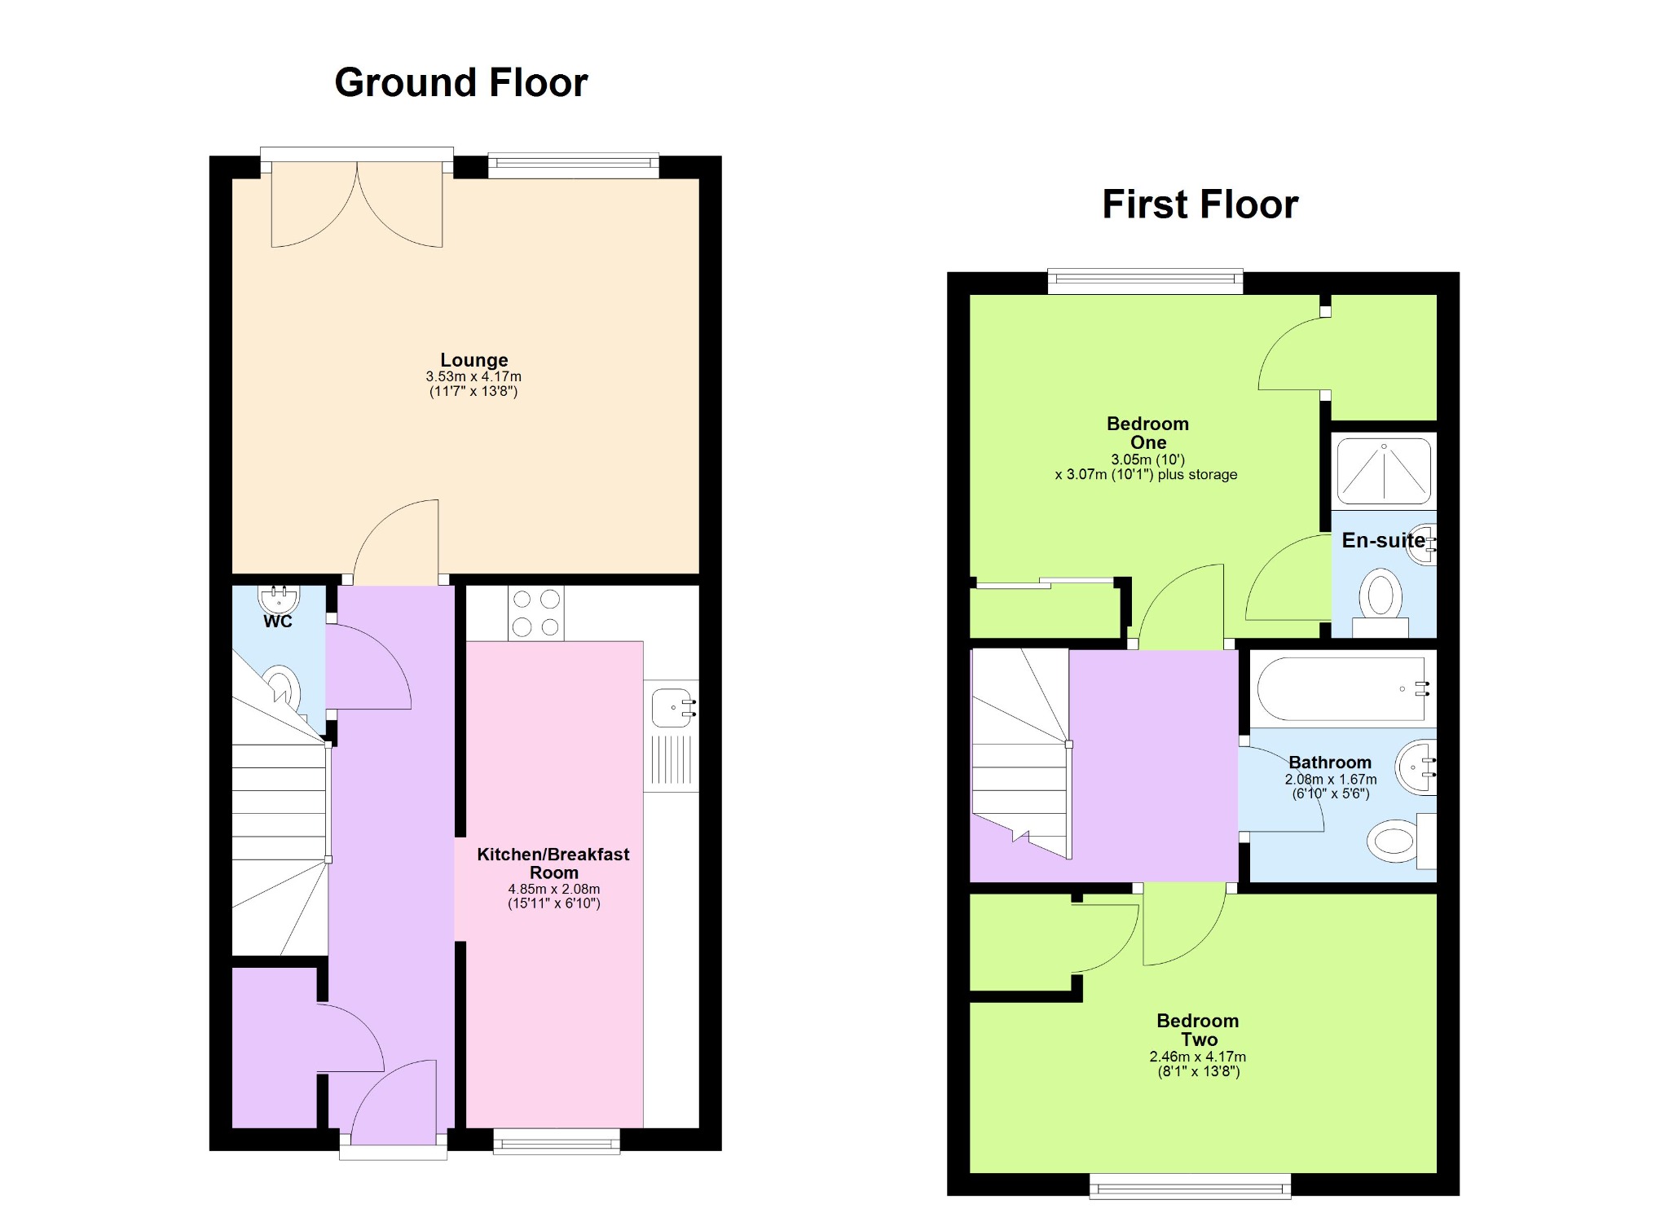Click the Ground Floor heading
(x=461, y=83)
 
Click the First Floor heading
(x=1200, y=204)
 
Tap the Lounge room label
(x=474, y=359)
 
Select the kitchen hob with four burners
(x=536, y=613)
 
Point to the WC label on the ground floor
(x=278, y=622)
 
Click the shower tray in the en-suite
(x=1384, y=472)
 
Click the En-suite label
(x=1384, y=540)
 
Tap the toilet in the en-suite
(x=1381, y=603)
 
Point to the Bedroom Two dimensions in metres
(x=1198, y=1057)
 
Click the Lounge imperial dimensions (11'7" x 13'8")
(x=473, y=391)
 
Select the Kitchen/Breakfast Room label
(x=553, y=863)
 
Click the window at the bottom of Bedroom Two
(x=1191, y=1185)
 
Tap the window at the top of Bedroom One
(x=1145, y=282)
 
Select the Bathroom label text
(x=1330, y=763)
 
